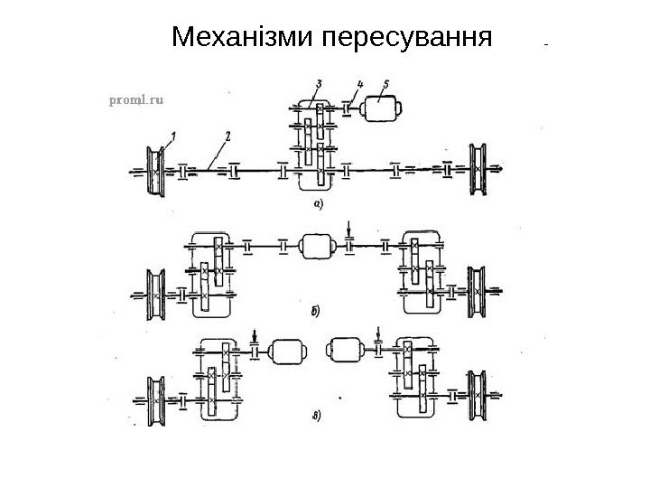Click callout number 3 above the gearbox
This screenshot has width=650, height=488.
(319, 85)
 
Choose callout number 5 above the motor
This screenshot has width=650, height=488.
(385, 84)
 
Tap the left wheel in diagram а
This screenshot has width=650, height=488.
(156, 168)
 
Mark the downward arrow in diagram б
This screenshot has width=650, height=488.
(351, 227)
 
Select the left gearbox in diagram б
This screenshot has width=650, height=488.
(213, 272)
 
